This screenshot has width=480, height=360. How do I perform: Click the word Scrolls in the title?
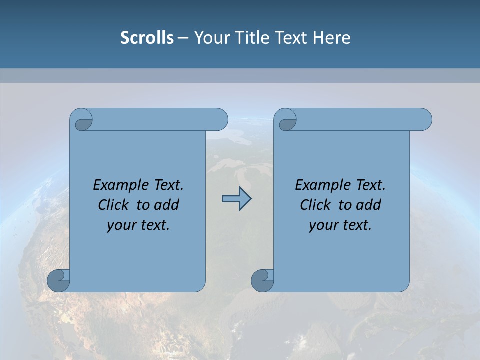point(147,38)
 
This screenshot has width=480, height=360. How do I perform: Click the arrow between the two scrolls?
point(236,199)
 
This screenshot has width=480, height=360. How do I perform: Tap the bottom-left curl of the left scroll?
point(59,280)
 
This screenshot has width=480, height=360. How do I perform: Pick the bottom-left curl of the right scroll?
point(262,280)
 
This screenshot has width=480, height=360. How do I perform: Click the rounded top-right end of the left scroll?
point(220,119)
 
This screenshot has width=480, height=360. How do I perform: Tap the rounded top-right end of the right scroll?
point(424,119)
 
